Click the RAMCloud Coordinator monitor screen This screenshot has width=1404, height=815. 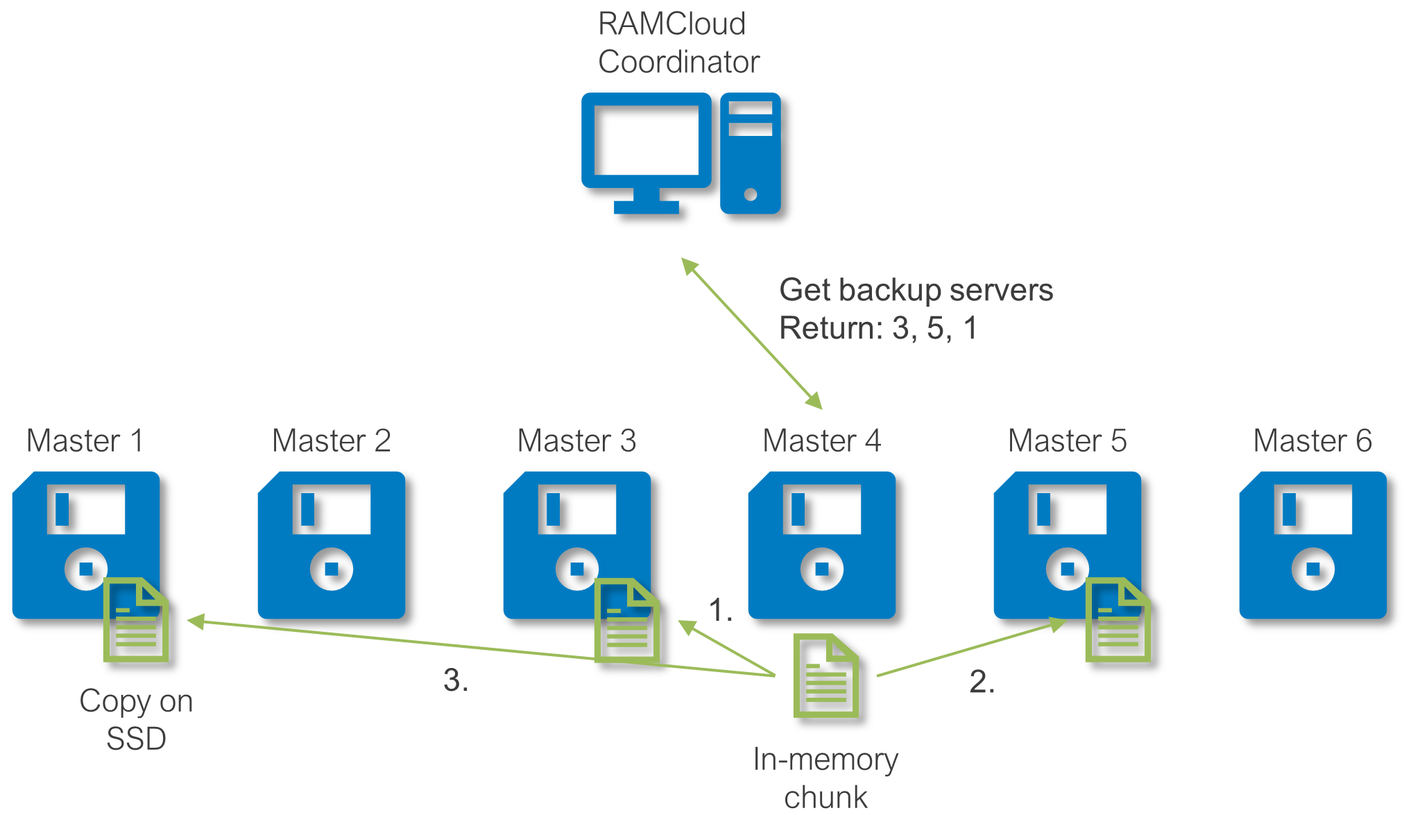(647, 141)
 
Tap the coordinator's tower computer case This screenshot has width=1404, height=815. (751, 153)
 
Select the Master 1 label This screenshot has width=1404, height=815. (85, 441)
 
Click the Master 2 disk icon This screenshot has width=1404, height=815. (332, 545)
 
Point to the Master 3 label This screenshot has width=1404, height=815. (576, 441)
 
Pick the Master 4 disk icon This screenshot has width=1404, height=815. (822, 545)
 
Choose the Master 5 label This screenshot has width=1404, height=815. (1067, 441)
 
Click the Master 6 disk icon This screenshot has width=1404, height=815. (1313, 545)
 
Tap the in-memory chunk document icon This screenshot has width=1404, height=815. (826, 676)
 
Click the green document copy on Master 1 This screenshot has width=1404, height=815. (136, 620)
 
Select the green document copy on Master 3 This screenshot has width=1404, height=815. (627, 620)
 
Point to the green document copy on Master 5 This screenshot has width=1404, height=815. (1118, 620)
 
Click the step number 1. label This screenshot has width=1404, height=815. (720, 610)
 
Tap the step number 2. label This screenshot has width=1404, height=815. (982, 682)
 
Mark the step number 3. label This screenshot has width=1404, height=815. (456, 680)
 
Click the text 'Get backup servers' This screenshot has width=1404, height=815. (916, 290)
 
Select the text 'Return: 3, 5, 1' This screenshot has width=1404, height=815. (878, 328)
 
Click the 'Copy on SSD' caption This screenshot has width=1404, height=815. (136, 719)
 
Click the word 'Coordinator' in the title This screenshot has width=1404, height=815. (678, 62)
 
